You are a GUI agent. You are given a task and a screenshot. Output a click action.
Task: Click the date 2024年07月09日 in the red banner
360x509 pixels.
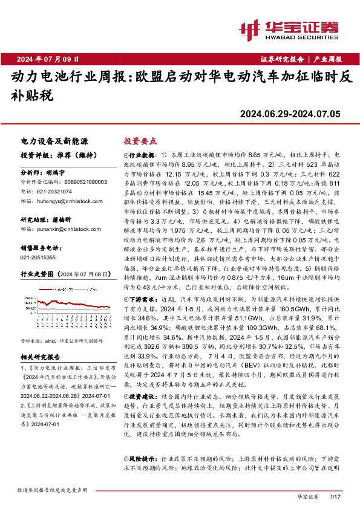(x=48, y=59)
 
